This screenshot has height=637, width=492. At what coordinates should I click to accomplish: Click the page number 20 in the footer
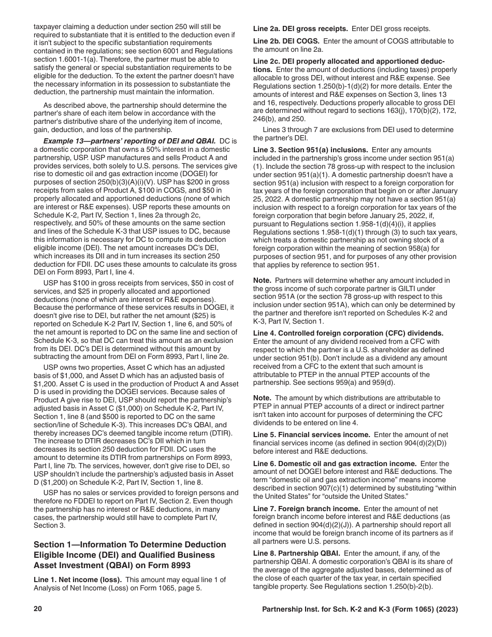coord(37,610)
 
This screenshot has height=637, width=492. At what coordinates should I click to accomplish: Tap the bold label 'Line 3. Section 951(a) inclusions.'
coord(310,150)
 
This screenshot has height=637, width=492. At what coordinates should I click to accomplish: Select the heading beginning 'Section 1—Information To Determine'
coord(129,544)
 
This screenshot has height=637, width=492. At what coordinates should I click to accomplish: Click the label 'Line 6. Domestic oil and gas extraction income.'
coord(335,464)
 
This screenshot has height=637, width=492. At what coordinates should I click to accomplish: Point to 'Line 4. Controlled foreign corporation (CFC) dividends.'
coord(348,333)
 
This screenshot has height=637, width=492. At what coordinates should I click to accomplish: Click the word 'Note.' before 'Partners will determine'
coord(262,280)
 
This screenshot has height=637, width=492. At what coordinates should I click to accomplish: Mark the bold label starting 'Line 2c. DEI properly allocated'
coord(348,61)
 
